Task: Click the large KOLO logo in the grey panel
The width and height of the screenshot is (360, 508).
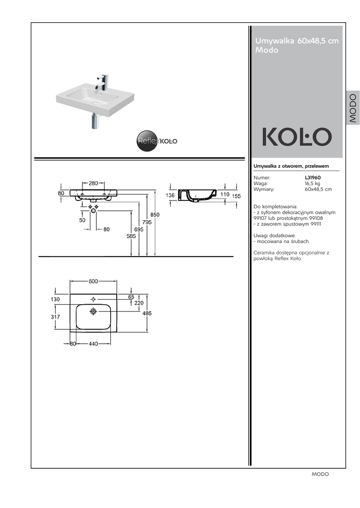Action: coord(297,137)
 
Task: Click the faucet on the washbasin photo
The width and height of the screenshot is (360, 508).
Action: coord(102,83)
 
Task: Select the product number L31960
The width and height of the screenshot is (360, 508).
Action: coord(313,178)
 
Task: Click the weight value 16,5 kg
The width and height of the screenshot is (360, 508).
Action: coord(312,184)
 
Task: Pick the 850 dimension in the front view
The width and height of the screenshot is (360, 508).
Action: coord(155,214)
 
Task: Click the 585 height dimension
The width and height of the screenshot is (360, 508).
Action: coord(131,236)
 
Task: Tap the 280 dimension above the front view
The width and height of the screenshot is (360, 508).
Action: coord(93,183)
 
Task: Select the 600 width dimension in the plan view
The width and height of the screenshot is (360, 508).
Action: coord(93,281)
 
